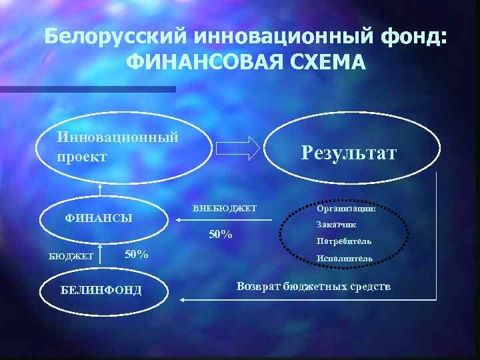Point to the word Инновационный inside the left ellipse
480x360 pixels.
coord(118,137)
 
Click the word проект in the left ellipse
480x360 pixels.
coord(81,157)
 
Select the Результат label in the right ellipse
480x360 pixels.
coord(348,153)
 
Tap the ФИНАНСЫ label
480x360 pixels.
coord(98,218)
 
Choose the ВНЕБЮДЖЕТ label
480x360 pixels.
coord(225,208)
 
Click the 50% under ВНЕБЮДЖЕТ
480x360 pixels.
coord(221,235)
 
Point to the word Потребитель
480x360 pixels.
coord(344,241)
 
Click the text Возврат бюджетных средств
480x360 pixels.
coord(314,286)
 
